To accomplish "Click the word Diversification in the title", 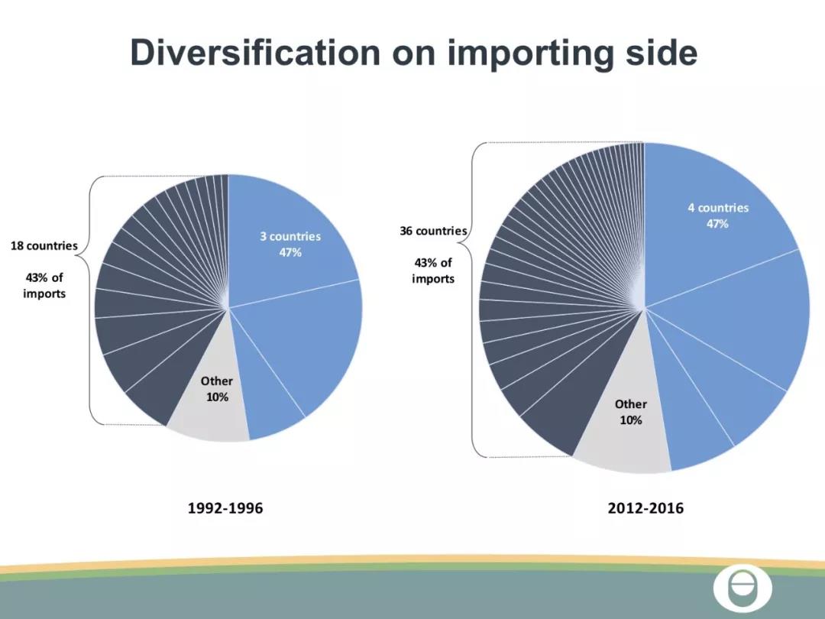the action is point(254,52).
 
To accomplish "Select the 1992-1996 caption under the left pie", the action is point(225,508).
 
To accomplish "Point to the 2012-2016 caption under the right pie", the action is point(645,508).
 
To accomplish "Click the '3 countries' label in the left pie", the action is point(290,236).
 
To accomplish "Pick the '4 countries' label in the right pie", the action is point(717,208).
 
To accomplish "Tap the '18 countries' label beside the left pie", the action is point(44,246).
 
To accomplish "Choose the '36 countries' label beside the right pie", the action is point(433,231).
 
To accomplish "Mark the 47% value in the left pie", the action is point(290,253).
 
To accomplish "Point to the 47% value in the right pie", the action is point(717,224).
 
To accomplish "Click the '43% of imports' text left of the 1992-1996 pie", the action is point(44,285).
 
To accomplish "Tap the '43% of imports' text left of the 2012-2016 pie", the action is point(433,271).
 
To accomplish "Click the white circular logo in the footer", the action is point(742,588).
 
